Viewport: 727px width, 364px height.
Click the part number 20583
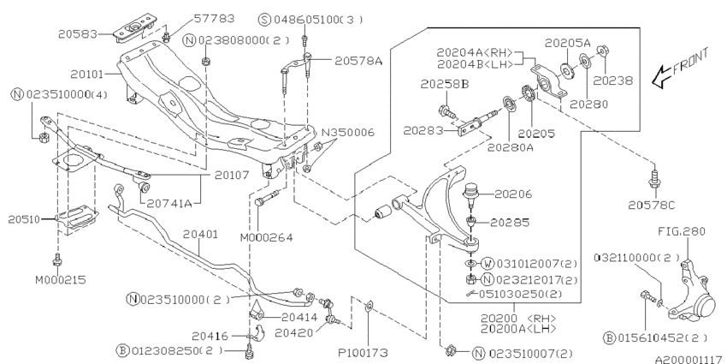(x=78, y=34)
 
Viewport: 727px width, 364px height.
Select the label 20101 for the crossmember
(x=91, y=74)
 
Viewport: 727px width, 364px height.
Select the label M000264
(x=267, y=238)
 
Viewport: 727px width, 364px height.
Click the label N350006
(x=348, y=133)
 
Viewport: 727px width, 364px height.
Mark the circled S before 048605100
(x=264, y=20)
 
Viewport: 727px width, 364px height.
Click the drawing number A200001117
(x=690, y=359)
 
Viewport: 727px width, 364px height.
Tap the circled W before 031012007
(x=488, y=264)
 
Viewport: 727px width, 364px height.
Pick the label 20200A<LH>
(x=518, y=328)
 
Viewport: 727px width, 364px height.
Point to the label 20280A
(x=511, y=147)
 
